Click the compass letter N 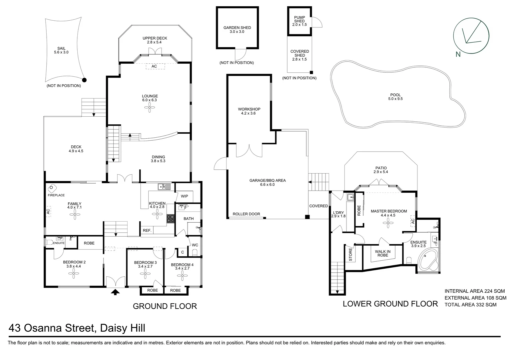pos(458,54)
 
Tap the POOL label pos(395,95)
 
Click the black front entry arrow pos(116,292)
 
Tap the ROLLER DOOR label pos(246,214)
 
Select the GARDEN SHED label pos(237,28)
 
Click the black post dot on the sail pos(84,80)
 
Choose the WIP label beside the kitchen pos(185,196)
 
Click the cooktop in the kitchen pos(171,219)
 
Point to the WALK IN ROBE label pos(383,253)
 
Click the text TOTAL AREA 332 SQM pos(470,305)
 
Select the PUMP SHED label pos(299,19)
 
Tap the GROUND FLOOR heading pos(165,306)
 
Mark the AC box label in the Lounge pos(154,66)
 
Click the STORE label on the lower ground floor pos(350,254)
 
